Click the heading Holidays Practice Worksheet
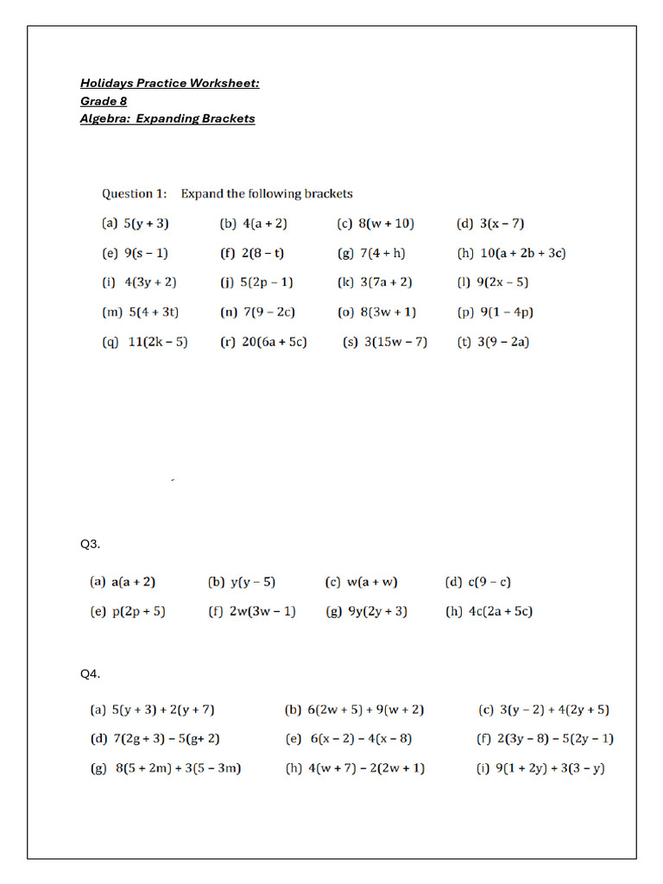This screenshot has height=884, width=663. pyautogui.click(x=169, y=83)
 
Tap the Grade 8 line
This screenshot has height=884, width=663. pyautogui.click(x=104, y=101)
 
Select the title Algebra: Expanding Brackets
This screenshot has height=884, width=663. pyautogui.click(x=167, y=118)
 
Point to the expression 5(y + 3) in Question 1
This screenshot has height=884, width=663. pyautogui.click(x=146, y=224)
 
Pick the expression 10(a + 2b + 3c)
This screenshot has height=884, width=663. pyautogui.click(x=522, y=253)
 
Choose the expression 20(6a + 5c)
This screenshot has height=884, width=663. pyautogui.click(x=274, y=341)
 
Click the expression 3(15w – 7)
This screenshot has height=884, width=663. pyautogui.click(x=395, y=341)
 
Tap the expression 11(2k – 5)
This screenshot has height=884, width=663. pyautogui.click(x=157, y=341)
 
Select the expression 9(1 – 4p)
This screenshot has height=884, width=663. pyautogui.click(x=510, y=312)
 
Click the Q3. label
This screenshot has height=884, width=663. pyautogui.click(x=91, y=544)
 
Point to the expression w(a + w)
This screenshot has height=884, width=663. pyautogui.click(x=372, y=582)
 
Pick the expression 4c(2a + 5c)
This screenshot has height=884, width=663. pyautogui.click(x=500, y=611)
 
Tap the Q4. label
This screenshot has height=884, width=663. pyautogui.click(x=91, y=673)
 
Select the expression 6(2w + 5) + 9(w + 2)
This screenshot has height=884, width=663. pyautogui.click(x=365, y=710)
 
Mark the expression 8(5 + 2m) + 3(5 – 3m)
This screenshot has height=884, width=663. pyautogui.click(x=178, y=768)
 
